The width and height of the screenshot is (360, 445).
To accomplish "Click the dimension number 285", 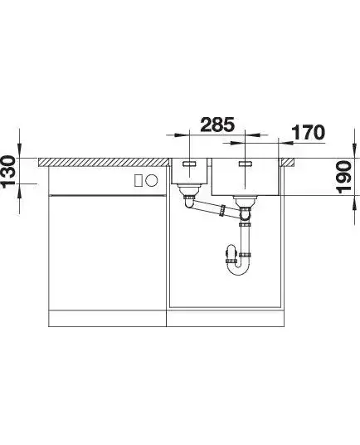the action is [217, 125].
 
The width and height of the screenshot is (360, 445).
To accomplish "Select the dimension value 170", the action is [308, 133].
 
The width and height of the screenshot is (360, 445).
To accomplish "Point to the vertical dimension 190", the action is [345, 177].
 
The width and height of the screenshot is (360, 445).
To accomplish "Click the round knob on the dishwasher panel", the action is [152, 180].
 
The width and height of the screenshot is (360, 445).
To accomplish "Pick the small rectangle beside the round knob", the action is [139, 180].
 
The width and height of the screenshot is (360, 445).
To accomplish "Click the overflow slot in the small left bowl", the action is [189, 164].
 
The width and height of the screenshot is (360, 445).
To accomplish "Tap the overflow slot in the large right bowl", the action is [246, 164].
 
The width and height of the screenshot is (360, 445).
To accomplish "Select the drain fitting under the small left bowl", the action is [189, 191].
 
